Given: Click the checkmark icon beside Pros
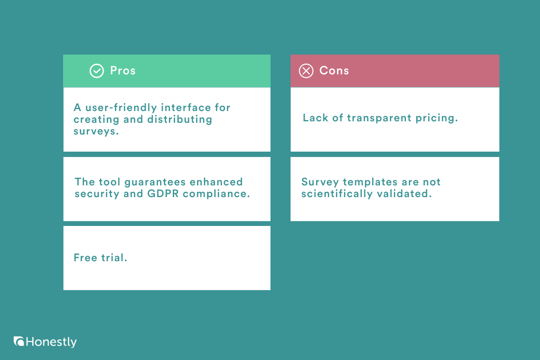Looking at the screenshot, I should [x=96, y=71].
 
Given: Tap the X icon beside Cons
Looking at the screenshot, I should [x=306, y=71].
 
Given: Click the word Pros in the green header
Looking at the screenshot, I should [x=123, y=70].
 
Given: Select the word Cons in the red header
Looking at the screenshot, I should [x=334, y=70].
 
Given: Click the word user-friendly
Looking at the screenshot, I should [x=115, y=108].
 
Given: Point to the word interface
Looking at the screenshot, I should [x=184, y=108].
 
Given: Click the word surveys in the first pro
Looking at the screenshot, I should [x=96, y=131].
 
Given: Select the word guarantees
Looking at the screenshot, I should [x=155, y=182].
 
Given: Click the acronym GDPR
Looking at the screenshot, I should [x=158, y=194].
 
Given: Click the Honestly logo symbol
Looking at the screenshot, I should [x=19, y=341].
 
